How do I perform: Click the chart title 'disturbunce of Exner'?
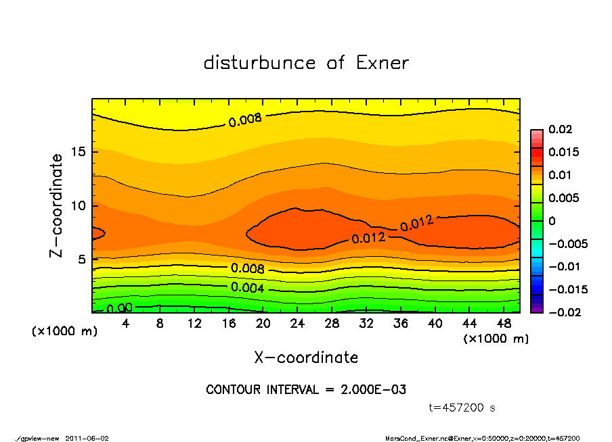click(x=306, y=63)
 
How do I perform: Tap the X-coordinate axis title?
click(x=306, y=358)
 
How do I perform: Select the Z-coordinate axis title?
click(x=57, y=205)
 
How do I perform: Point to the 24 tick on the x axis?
click(x=298, y=323)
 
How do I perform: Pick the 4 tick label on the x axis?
click(x=126, y=323)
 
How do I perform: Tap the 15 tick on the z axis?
click(x=77, y=152)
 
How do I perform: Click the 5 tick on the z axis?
click(x=81, y=260)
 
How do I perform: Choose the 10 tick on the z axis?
click(x=77, y=205)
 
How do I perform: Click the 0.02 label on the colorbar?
click(x=561, y=129)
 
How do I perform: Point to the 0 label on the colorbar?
click(x=551, y=221)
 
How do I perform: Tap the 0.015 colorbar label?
click(x=563, y=152)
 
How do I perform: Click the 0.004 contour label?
click(x=248, y=288)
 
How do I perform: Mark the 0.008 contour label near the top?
click(x=244, y=121)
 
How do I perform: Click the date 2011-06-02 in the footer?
click(x=87, y=438)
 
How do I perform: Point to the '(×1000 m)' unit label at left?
click(x=61, y=332)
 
